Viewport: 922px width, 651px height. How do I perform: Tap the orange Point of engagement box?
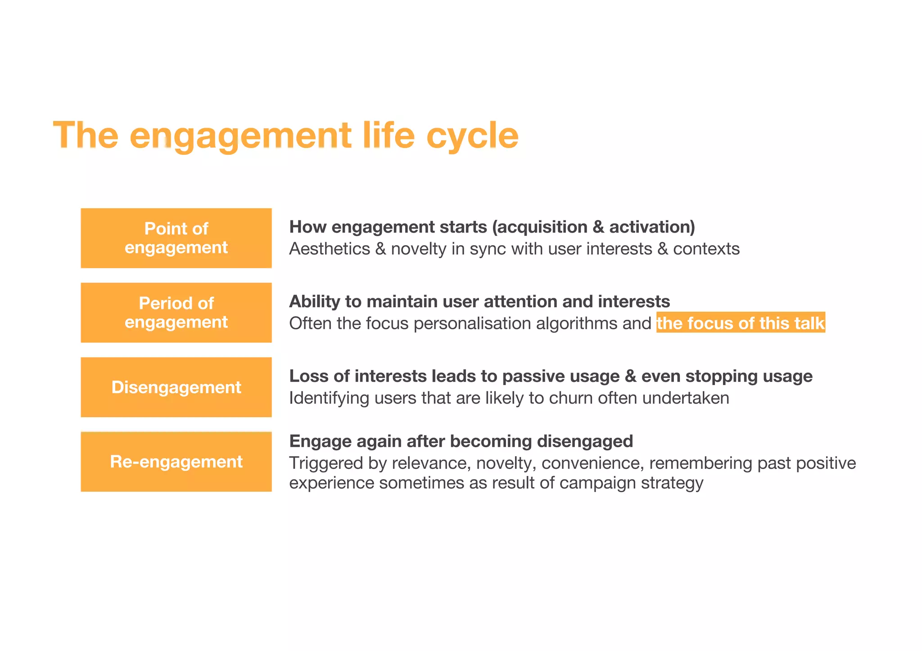click(176, 238)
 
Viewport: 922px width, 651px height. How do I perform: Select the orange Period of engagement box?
click(176, 313)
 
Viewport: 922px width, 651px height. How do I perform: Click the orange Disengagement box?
click(176, 387)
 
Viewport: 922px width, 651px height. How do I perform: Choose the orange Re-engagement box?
click(176, 462)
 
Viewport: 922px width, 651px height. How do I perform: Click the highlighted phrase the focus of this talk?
click(740, 323)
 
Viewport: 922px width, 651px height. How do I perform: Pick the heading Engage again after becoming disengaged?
click(461, 441)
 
